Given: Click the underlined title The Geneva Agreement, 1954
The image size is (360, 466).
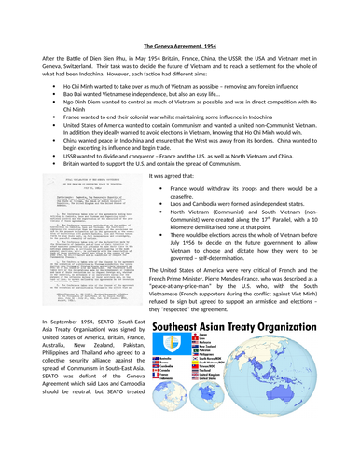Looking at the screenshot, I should coord(180,45).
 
